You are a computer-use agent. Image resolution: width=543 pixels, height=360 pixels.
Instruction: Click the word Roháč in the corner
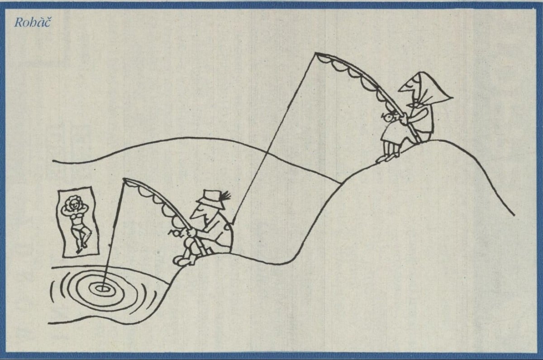click(x=33, y=23)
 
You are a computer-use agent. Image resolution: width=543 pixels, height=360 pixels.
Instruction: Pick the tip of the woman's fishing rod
click(x=316, y=53)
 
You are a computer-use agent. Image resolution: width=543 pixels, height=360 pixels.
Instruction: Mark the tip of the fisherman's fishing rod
click(x=124, y=180)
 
